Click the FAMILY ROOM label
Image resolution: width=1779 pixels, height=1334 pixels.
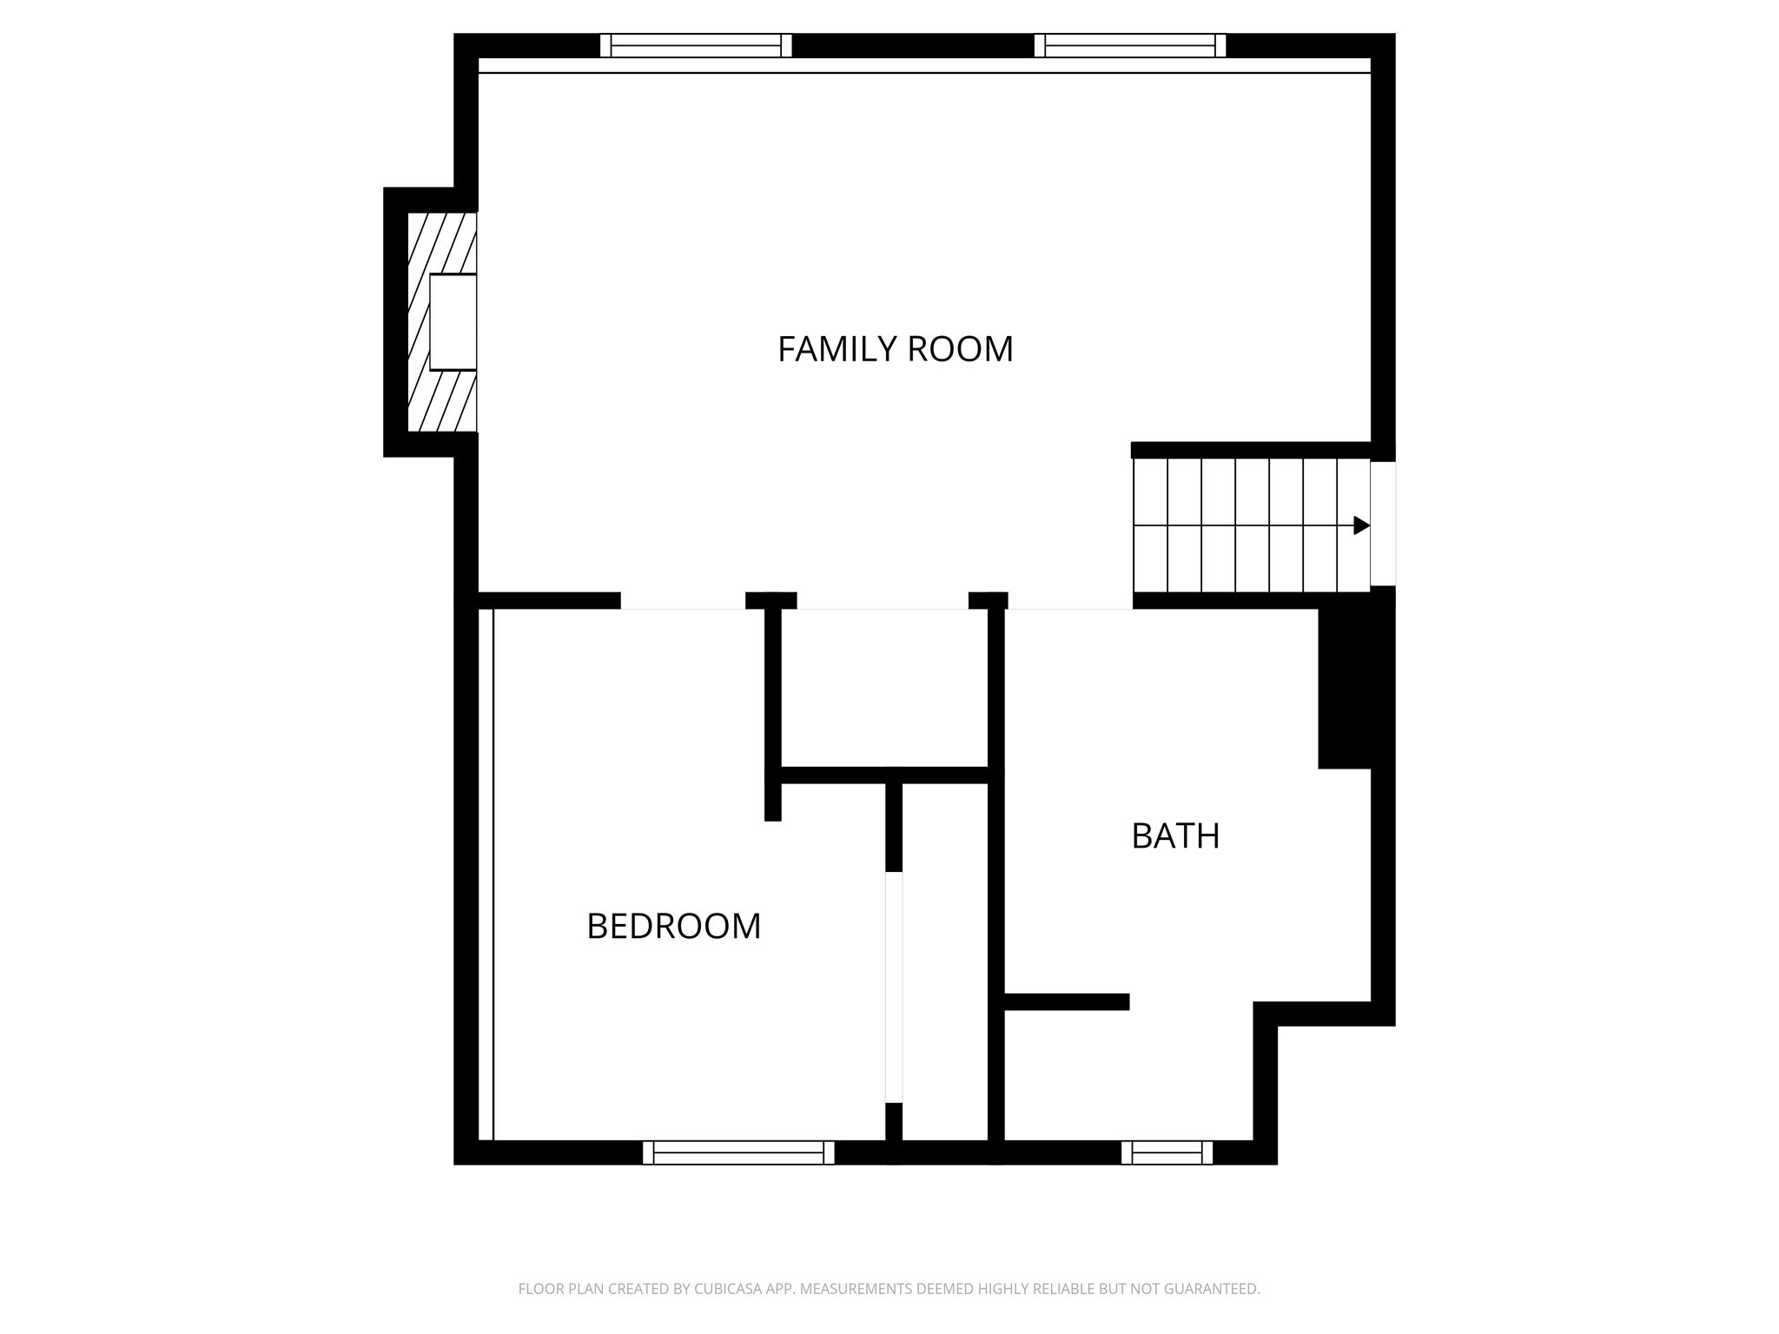[895, 349]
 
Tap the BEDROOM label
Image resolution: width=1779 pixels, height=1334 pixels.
[673, 927]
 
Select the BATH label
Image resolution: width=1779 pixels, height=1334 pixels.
[1175, 836]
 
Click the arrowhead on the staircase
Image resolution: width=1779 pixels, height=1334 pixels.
[1361, 525]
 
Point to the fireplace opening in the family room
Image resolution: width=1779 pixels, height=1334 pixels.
[453, 322]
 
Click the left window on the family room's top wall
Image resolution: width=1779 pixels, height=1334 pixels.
[696, 45]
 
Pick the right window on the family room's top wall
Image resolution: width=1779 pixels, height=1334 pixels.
[1130, 45]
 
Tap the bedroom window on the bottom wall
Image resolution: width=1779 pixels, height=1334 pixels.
[738, 1152]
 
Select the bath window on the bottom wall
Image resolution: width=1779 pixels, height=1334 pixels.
[1167, 1152]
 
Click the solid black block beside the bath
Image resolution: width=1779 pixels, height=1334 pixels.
[1344, 688]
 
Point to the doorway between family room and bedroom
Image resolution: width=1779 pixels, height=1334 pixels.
[683, 601]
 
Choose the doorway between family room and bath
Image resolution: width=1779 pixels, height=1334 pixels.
[1070, 601]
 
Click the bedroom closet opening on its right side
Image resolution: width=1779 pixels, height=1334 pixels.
[894, 987]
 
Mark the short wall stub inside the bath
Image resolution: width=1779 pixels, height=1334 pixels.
[1066, 1001]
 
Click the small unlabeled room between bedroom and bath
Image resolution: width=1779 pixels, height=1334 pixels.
[885, 687]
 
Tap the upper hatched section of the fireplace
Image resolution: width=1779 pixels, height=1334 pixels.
[442, 243]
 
